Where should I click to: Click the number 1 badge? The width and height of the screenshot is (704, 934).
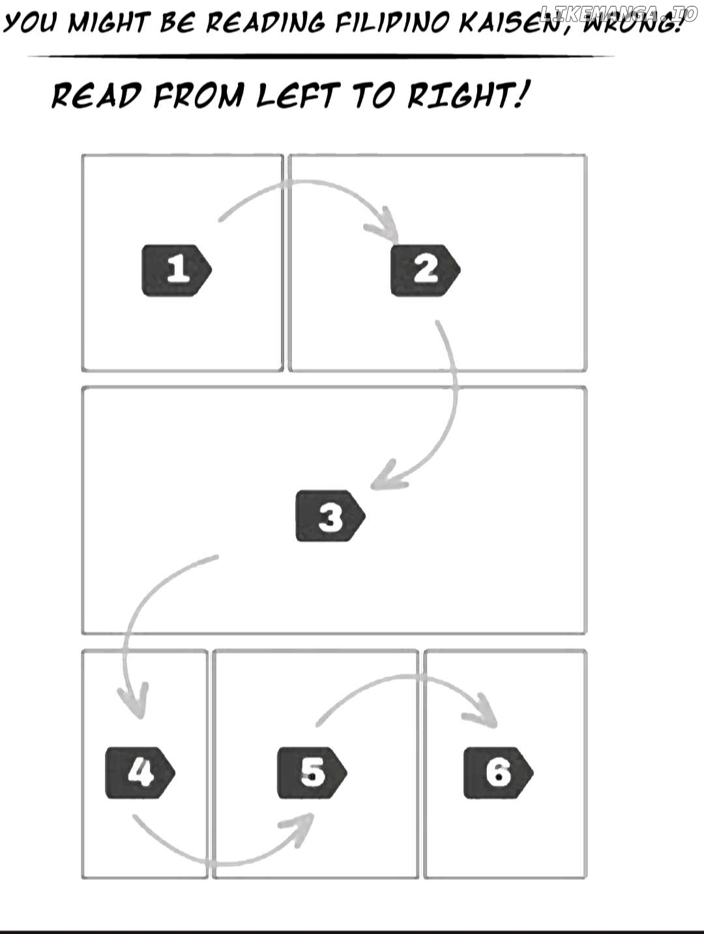click(x=177, y=270)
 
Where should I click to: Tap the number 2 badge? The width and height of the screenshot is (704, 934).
click(x=426, y=270)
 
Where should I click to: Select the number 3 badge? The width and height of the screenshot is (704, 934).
click(x=330, y=516)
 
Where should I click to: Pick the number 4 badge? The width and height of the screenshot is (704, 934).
click(x=140, y=772)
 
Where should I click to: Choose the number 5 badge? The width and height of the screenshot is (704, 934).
click(x=312, y=772)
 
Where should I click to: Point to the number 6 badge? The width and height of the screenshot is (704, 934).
click(x=499, y=772)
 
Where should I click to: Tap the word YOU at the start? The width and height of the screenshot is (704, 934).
click(x=30, y=22)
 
